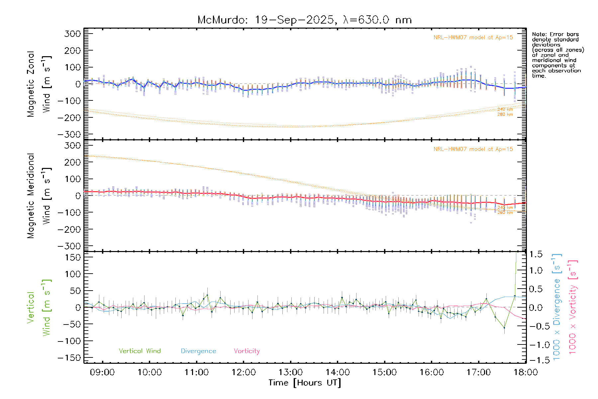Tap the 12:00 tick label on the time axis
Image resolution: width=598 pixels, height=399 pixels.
coord(244,372)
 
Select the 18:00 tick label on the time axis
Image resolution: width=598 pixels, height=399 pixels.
coord(526,372)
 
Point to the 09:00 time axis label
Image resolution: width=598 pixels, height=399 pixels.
coord(102,372)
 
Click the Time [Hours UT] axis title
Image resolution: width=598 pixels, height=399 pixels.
coord(305,383)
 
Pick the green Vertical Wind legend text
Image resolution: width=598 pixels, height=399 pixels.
coord(140,351)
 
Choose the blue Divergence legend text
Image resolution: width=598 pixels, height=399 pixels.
coord(198,351)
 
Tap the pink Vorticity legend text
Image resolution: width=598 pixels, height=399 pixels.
coord(247,351)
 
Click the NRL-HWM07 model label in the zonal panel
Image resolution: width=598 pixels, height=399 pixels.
coord(473,38)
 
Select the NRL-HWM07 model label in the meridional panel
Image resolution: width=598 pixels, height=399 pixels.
coord(473,149)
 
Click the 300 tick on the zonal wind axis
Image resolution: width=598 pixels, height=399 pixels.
coord(73,34)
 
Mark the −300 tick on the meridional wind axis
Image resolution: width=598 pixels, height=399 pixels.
coord(69,246)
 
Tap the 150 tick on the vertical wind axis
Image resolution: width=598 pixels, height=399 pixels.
coord(73,257)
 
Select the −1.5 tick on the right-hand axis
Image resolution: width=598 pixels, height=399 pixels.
coord(536,360)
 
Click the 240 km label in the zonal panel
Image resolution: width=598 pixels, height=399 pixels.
coord(505,109)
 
